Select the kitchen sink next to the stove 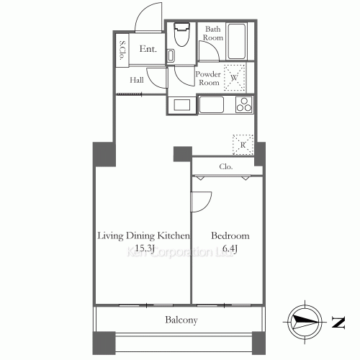click(212, 105)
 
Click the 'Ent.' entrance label click(148, 50)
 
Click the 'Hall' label click(137, 81)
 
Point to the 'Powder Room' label click(209, 78)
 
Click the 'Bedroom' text click(230, 236)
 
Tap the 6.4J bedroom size click(230, 249)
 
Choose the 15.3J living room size click(143, 249)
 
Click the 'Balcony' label click(180, 320)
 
